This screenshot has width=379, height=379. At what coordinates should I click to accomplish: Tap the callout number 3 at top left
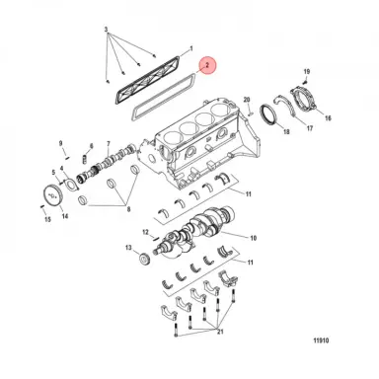(107, 33)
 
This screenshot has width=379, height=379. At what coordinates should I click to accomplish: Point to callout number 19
(307, 72)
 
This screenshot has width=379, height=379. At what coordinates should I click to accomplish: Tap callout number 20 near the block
(248, 100)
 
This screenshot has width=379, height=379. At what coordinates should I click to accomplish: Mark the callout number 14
(65, 214)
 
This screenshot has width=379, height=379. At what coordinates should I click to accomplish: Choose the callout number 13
(128, 248)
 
